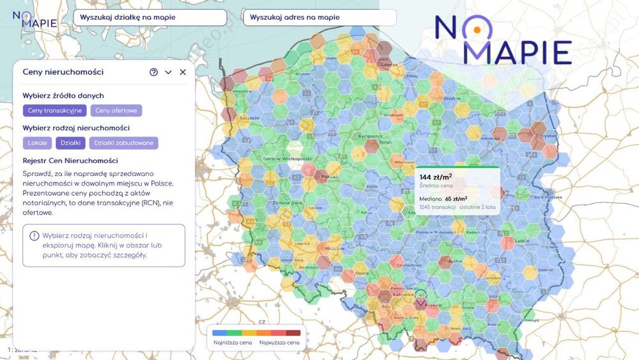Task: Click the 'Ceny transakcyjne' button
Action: tap(55, 111)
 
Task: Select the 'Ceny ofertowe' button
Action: tap(116, 111)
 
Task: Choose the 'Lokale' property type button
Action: tap(37, 143)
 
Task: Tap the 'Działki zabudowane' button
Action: tap(123, 143)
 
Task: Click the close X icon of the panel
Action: tap(183, 72)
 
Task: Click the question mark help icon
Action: tap(153, 72)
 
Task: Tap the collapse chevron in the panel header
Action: tap(168, 72)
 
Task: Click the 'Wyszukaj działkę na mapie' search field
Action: tap(150, 18)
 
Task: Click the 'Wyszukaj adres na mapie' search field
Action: tap(319, 18)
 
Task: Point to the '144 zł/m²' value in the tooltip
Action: tap(435, 177)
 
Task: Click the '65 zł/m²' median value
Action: tap(456, 199)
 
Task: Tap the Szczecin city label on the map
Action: tap(249, 118)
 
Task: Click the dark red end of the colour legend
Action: tap(293, 333)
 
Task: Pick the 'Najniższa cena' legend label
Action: tap(231, 343)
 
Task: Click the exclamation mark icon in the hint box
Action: tap(35, 236)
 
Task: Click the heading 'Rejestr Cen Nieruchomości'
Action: tap(70, 160)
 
